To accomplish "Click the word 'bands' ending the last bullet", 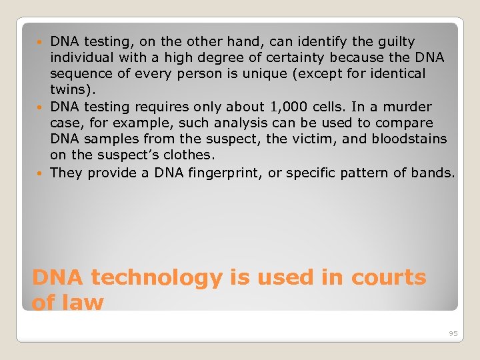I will [x=434, y=173].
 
